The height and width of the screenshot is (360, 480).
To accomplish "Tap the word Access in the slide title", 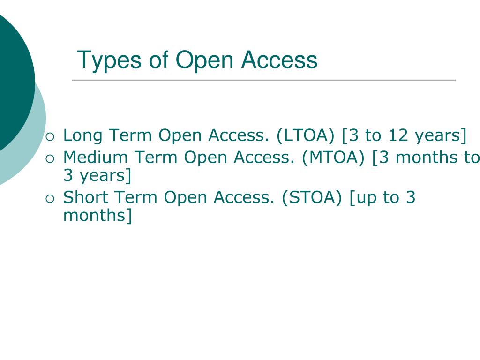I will coord(279,60).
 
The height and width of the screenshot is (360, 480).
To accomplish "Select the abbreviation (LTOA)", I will coord(306,135).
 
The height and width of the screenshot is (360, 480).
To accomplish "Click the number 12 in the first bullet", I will coord(398,135).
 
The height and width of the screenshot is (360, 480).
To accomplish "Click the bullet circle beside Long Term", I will coord(50,137).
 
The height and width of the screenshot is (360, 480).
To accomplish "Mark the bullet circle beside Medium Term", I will coord(50,158).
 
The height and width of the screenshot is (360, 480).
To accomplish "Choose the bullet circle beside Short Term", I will coord(50,199).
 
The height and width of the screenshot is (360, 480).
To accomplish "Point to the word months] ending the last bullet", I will coord(97,216).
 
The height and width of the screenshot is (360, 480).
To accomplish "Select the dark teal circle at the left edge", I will coord(12,80).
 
